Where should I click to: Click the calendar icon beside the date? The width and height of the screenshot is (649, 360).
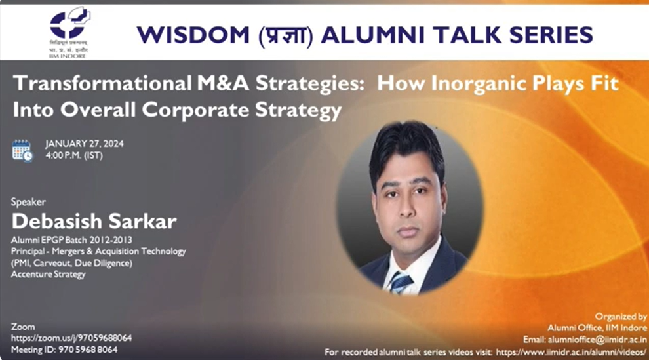coord(22,150)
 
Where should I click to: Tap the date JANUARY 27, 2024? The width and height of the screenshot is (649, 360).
coord(85,144)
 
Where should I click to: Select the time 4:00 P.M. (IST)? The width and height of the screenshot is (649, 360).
coord(74,156)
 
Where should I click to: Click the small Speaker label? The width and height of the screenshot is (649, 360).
coord(28,202)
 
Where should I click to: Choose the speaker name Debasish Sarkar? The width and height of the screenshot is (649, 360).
coord(94,221)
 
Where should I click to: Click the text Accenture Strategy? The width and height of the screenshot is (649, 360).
coord(49,274)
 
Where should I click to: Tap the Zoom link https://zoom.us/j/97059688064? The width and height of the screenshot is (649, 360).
coord(71,338)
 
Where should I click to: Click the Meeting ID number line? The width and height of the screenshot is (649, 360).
coord(64,350)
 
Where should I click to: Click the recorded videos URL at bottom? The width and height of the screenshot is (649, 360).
coord(570,352)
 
